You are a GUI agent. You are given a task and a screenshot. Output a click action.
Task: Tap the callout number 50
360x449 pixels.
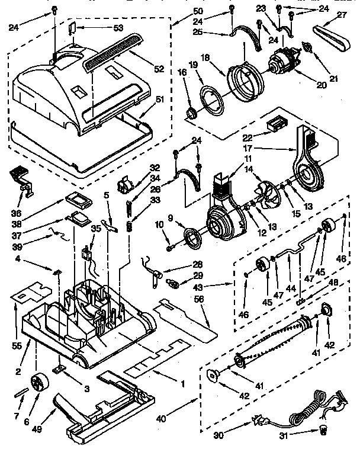197,12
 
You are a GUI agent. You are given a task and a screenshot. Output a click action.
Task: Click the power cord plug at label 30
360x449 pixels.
259,421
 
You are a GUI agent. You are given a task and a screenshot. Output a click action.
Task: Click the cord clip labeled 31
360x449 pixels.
323,428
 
